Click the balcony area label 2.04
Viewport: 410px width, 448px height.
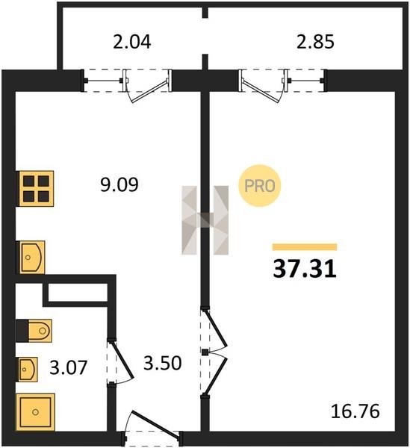[x=131, y=42]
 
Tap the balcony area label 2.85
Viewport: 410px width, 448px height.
[x=315, y=42]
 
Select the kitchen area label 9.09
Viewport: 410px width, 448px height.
[x=119, y=184]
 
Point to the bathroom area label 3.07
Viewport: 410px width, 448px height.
[x=68, y=367]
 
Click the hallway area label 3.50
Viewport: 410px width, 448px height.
[x=162, y=363]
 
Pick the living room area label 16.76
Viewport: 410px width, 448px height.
[x=355, y=411]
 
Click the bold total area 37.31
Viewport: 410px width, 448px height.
[x=305, y=270]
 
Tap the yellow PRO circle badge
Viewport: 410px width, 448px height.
[x=260, y=186]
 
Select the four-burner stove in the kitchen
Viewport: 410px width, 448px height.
[x=36, y=189]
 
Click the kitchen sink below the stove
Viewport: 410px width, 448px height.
[x=31, y=258]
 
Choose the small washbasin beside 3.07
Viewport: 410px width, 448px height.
[x=28, y=369]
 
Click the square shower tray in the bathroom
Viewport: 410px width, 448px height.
[x=35, y=412]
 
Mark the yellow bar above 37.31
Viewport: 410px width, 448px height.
[x=305, y=247]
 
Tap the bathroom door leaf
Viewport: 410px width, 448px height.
[x=122, y=359]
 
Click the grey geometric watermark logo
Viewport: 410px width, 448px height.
[x=205, y=220]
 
